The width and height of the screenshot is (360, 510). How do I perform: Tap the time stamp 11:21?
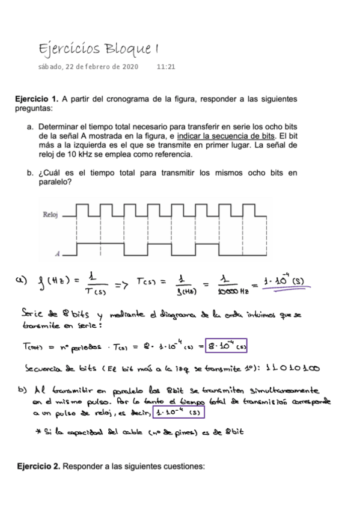coord(166,67)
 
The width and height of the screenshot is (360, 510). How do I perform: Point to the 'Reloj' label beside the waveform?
coord(52,214)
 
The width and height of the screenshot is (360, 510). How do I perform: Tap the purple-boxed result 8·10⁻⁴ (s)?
coord(226,347)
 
